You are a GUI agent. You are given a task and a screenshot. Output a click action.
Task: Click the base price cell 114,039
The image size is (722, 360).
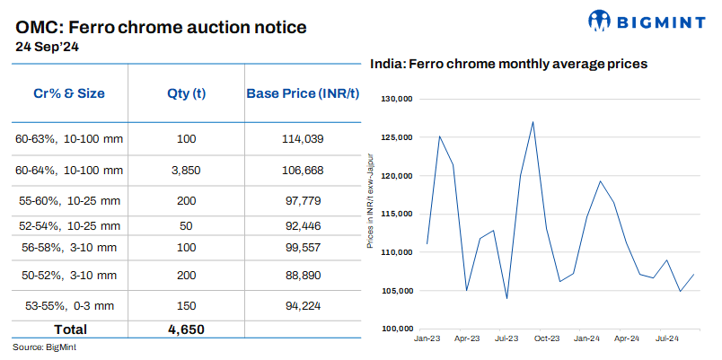pos(302,138)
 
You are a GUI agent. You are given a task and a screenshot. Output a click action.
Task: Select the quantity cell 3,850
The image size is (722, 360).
pos(187,171)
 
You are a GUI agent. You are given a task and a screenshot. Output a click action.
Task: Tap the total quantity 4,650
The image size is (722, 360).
pos(187,329)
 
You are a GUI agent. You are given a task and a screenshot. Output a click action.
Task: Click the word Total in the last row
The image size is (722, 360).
pos(69,329)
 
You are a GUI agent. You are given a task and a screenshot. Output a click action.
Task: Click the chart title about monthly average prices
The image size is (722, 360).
pos(509,65)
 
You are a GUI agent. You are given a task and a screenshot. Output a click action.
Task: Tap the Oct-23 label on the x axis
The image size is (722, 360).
pos(546,338)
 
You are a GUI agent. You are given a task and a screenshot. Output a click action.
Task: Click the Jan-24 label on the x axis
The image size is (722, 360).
pos(587,338)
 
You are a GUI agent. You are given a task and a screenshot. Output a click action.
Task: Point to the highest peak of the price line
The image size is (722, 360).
pos(533,122)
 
